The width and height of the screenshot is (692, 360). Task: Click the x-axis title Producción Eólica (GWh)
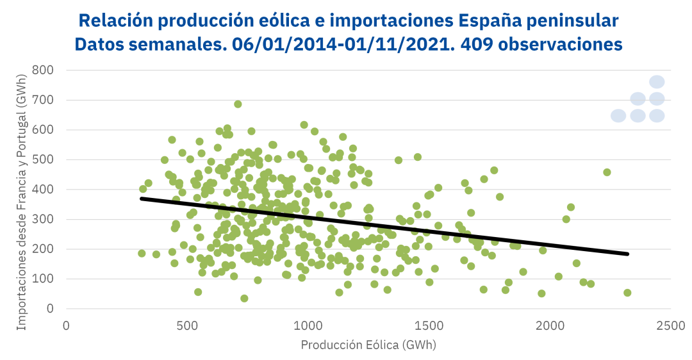[368, 345]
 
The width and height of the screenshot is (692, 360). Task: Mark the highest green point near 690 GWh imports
[238, 104]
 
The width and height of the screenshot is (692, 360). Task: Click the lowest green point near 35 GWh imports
[244, 299]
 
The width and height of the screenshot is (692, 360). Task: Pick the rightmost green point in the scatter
[627, 293]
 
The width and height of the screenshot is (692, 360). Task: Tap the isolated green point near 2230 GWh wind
[607, 172]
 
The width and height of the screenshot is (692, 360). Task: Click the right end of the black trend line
[628, 254]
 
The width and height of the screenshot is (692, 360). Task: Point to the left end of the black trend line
[142, 199]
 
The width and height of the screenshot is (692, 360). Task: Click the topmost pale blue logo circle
[657, 82]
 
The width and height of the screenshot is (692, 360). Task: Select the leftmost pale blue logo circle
[618, 116]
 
